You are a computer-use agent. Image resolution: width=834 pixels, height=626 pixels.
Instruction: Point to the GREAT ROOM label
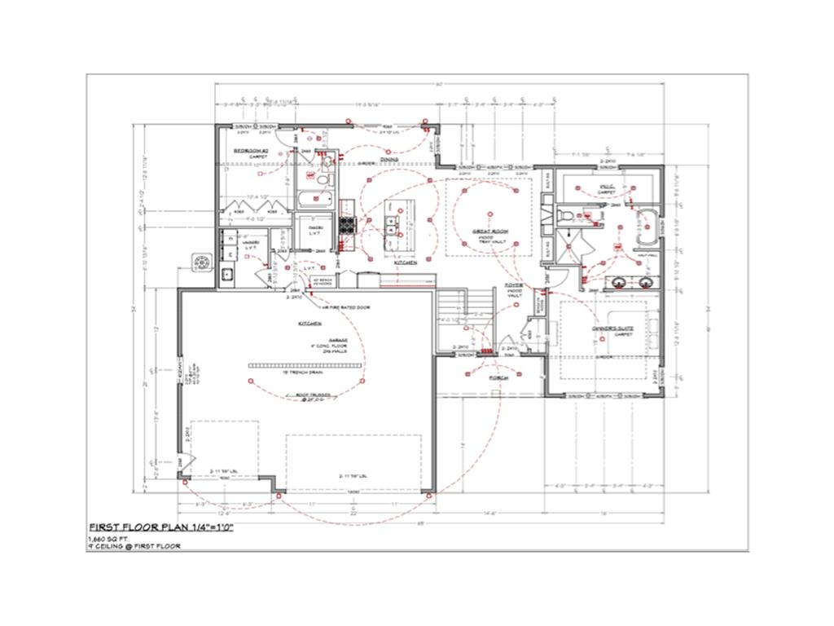click(x=490, y=231)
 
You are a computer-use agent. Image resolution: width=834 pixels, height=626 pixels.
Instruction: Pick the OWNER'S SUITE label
click(x=612, y=331)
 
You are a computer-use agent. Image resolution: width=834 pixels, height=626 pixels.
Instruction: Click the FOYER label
click(x=514, y=285)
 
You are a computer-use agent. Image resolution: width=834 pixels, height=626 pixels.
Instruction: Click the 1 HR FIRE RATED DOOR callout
click(x=346, y=307)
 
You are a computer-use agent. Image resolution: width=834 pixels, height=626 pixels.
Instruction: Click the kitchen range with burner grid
click(x=347, y=223)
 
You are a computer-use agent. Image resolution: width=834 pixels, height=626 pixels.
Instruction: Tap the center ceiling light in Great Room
click(x=490, y=214)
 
